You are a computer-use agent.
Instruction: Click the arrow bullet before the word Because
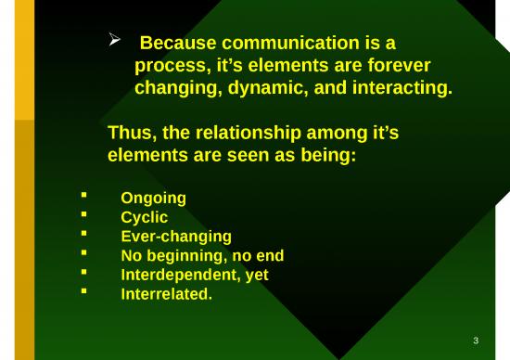pyautogui.click(x=116, y=41)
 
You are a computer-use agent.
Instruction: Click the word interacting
pyautogui.click(x=401, y=89)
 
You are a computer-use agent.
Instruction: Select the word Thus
pyautogui.click(x=132, y=133)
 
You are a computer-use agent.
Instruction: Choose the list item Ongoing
pyautogui.click(x=153, y=198)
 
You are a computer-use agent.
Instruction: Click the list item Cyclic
pyautogui.click(x=145, y=217)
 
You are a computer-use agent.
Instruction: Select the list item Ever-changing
pyautogui.click(x=176, y=237)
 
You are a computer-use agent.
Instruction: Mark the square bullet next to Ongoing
pyautogui.click(x=84, y=197)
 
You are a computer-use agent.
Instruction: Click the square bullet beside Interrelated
pyautogui.click(x=84, y=294)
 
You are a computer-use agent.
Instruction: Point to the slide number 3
pyautogui.click(x=476, y=341)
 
